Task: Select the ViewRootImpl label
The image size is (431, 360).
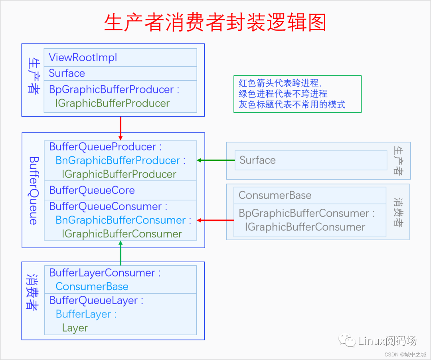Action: point(83,57)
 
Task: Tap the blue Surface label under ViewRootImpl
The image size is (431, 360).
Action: point(67,73)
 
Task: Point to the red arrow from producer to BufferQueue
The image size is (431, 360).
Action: point(121,128)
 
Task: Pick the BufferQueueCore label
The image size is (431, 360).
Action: point(92,190)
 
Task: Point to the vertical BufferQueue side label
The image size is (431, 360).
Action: point(33,190)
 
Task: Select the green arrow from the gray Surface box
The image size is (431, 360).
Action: point(215,160)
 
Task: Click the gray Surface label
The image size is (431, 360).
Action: point(257,160)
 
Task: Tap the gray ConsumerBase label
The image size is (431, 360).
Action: point(275,195)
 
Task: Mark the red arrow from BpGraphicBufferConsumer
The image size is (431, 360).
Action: point(215,220)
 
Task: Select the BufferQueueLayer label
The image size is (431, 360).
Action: point(96,300)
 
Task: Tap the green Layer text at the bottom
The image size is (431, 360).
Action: point(75,328)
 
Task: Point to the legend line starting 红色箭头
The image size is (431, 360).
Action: point(279,83)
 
